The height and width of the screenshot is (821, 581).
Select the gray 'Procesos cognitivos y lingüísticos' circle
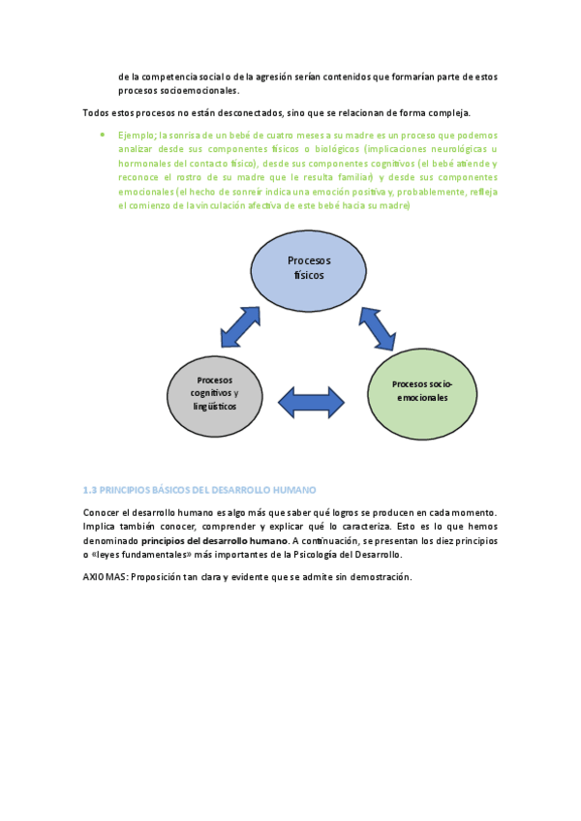tap(215, 395)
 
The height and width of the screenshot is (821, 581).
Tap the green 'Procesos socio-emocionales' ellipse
tap(421, 393)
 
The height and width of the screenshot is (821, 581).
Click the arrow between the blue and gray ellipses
tap(240, 327)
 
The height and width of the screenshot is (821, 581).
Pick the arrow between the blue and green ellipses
tap(378, 328)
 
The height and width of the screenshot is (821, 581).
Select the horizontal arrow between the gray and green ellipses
tap(311, 402)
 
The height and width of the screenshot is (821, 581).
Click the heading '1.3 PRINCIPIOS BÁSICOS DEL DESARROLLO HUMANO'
tap(199, 490)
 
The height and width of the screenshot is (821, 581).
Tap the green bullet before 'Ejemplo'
tap(102, 136)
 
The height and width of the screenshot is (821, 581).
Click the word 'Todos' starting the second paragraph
tap(96, 112)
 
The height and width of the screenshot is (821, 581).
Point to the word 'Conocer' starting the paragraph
tap(102, 511)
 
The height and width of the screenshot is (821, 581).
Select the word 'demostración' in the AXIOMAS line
tap(381, 577)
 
